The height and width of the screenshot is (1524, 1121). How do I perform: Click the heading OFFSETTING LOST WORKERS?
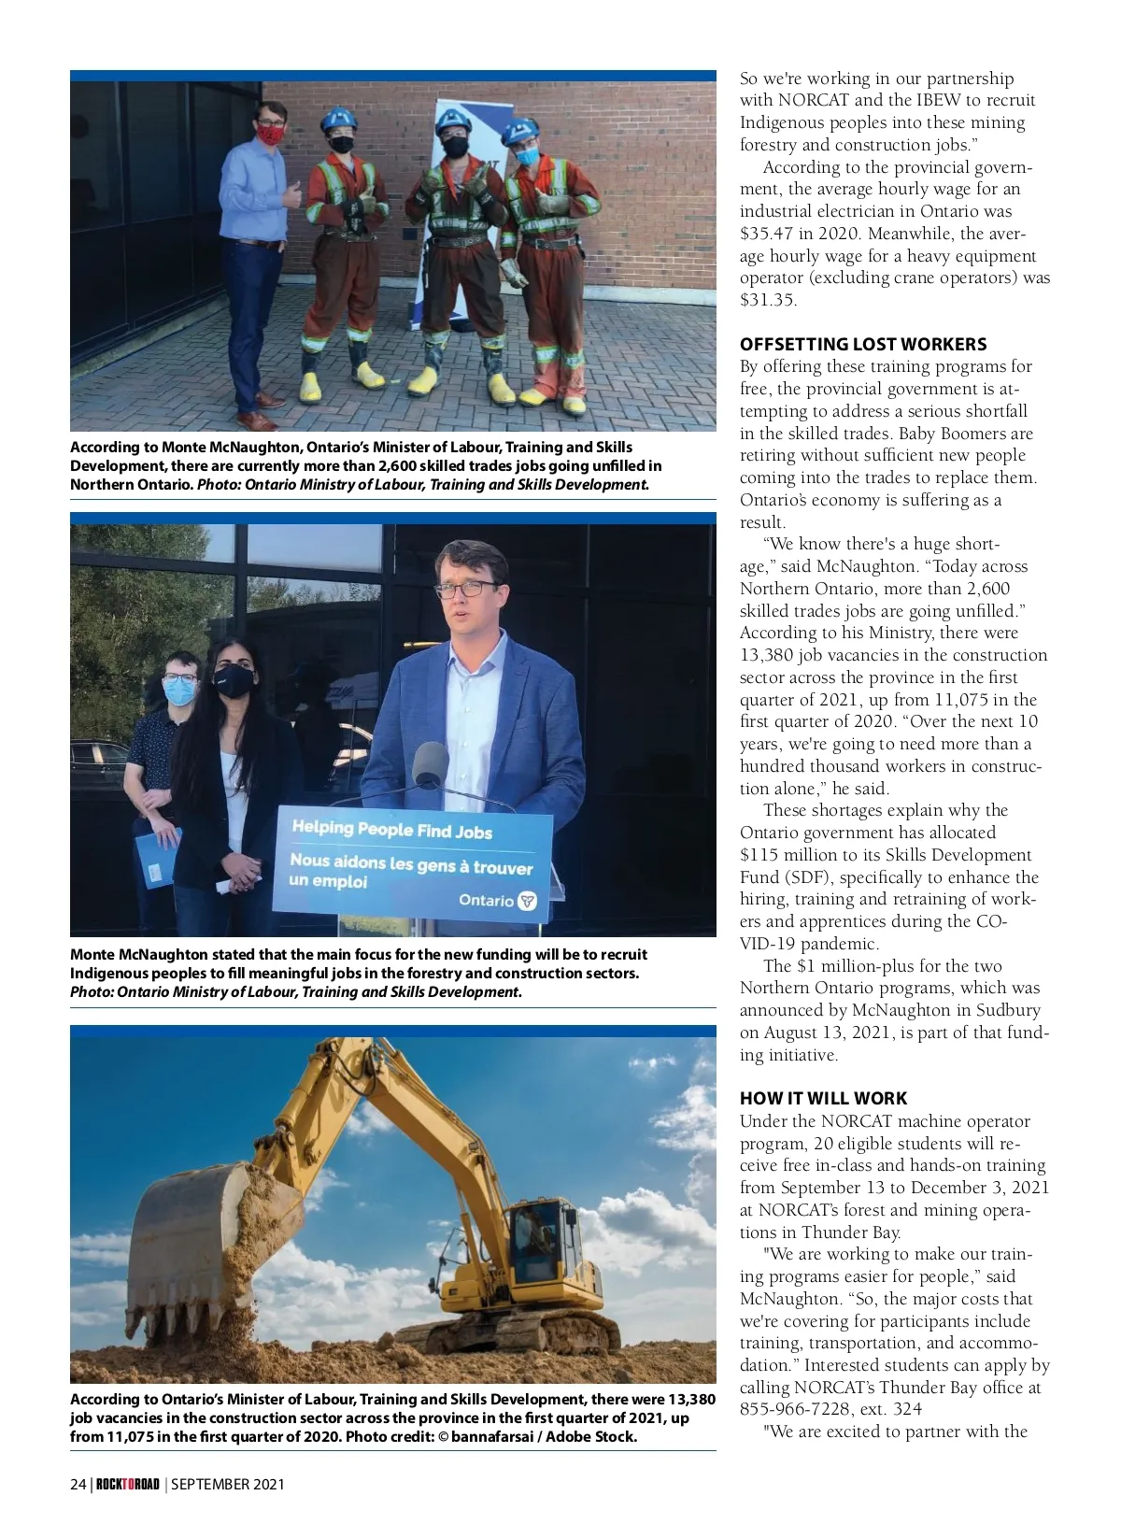[x=862, y=344]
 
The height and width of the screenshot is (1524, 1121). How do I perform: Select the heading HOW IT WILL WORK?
[x=823, y=1098]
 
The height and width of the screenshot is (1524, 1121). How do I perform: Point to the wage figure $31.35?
[x=768, y=300]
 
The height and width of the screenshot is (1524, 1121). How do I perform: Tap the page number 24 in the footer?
[x=78, y=1484]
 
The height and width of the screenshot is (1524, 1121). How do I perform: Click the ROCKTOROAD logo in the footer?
[x=128, y=1484]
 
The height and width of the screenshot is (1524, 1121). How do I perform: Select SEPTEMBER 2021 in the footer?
[x=227, y=1484]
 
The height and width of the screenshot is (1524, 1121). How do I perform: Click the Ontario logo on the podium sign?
[x=527, y=901]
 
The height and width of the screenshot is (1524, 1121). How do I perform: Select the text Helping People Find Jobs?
[x=391, y=830]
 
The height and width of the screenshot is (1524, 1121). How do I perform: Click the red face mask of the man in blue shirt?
[x=270, y=135]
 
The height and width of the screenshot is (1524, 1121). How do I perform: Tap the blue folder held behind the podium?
[x=155, y=858]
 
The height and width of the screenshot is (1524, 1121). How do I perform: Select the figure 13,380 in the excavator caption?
[x=691, y=1399]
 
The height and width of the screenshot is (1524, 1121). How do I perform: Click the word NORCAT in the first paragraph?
[x=814, y=100]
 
